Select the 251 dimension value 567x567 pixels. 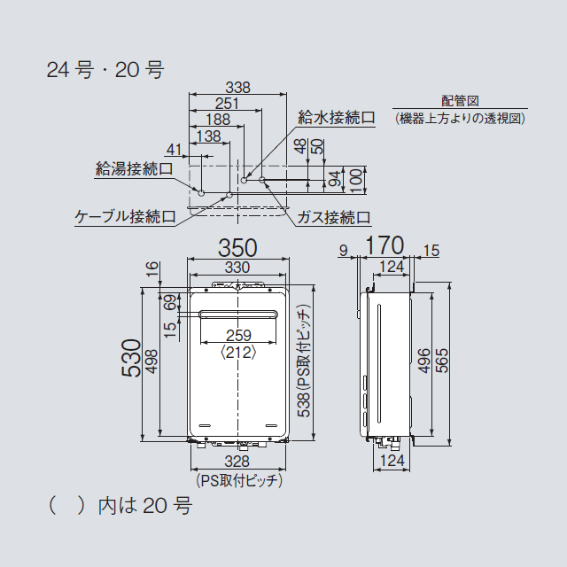227,104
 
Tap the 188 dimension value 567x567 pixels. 218,120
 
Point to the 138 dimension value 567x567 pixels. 208,136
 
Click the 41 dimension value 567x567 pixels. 174,149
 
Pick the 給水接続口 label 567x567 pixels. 337,117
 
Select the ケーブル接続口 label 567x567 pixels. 125,215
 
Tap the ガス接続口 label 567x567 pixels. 333,216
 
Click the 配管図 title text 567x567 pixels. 460,101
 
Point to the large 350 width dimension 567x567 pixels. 237,247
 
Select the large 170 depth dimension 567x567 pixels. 384,245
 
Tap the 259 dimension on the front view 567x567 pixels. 238,336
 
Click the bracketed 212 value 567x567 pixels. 238,352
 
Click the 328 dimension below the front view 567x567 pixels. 237,461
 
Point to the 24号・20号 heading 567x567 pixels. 105,70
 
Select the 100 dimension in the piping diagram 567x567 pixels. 355,181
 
